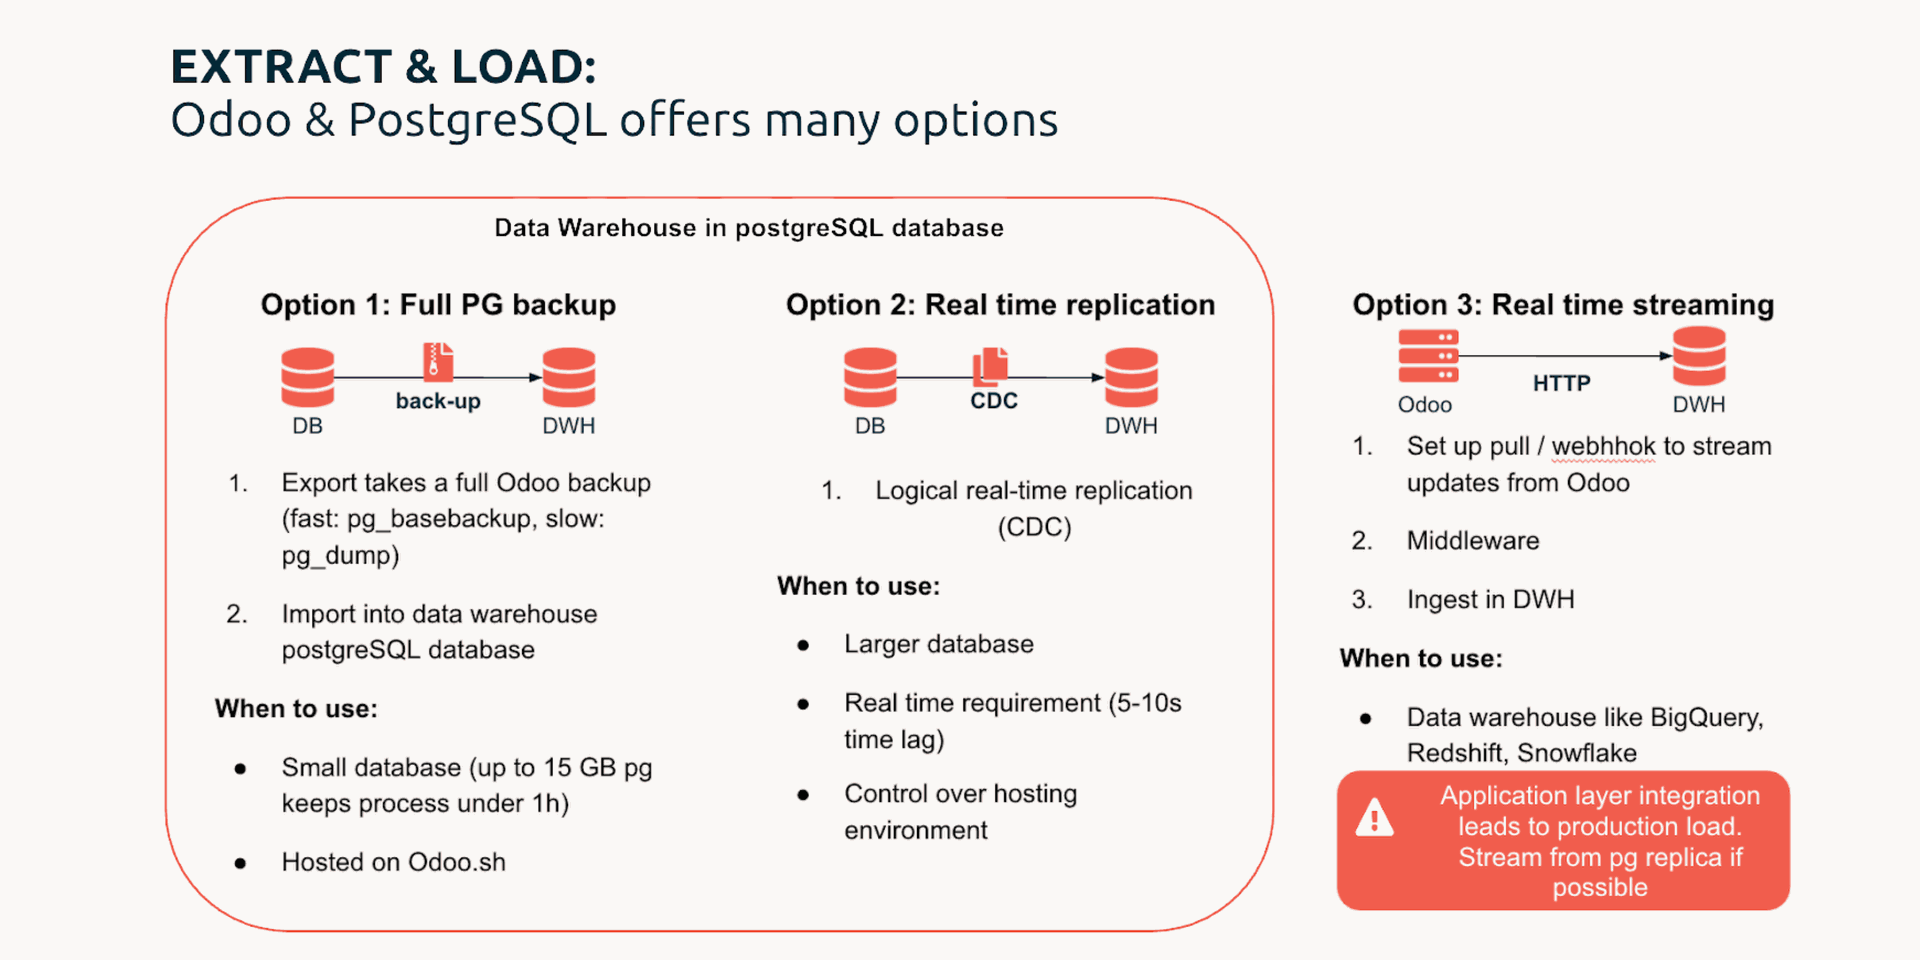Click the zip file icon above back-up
coord(438,362)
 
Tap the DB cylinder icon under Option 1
coord(308,377)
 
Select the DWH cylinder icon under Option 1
coord(569,377)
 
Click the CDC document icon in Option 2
coord(991,366)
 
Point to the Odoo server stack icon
coord(1428,356)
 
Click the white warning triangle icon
coord(1375,817)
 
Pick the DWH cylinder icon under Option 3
coord(1699,356)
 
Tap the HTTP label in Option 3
coord(1562,383)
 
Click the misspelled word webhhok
coord(1603,446)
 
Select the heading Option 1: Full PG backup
coord(438,305)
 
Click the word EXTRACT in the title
coord(281,67)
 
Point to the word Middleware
coord(1473,541)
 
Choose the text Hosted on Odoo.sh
coord(394,862)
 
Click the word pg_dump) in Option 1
coord(340,556)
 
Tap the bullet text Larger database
coord(939,644)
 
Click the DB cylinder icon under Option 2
coord(870,377)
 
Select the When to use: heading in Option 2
coord(859,586)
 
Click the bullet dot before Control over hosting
coord(803,796)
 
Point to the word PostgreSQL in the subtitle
coord(477,121)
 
